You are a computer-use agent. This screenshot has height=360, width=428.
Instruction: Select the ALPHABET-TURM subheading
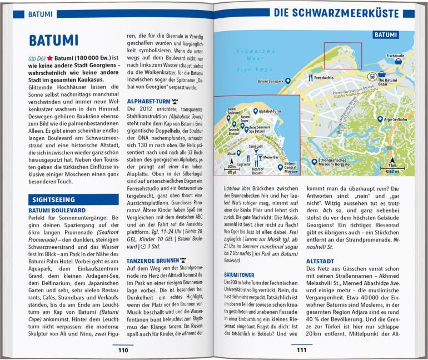tap(148, 101)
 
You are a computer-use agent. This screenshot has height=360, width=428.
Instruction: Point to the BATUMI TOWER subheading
tap(240, 274)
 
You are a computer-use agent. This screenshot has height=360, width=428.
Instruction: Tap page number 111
tap(301, 350)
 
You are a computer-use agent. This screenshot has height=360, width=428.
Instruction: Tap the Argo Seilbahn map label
tap(399, 119)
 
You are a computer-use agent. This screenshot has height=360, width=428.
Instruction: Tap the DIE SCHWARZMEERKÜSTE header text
tap(344, 13)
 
